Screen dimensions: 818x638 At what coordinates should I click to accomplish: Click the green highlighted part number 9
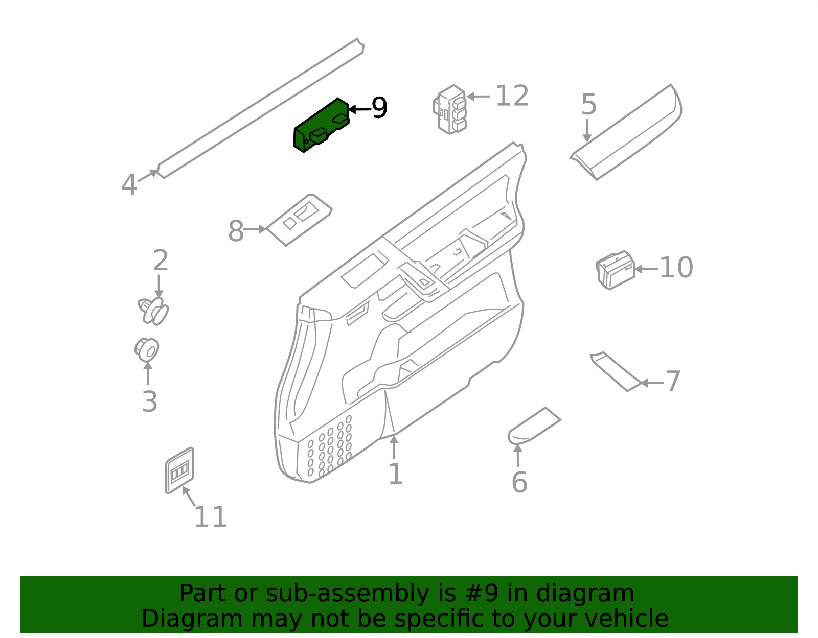pos(321,125)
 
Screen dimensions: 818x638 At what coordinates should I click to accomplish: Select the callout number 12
pos(512,96)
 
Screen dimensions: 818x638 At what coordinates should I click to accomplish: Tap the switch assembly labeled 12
pos(450,109)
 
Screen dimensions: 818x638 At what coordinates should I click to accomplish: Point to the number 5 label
pos(589,105)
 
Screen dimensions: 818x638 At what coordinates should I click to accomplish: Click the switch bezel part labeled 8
pos(300,219)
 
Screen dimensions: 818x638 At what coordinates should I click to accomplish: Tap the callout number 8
pos(236,231)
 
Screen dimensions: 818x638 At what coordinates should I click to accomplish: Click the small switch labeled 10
pos(616,270)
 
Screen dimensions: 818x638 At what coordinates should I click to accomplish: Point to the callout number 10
pos(676,268)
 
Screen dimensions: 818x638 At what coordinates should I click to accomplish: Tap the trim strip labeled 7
pos(615,371)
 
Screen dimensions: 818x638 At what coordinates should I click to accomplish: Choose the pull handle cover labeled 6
pos(534,425)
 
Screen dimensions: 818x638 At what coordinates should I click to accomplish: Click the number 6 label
pos(519,482)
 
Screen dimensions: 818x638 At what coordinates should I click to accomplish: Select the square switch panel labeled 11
pos(179,470)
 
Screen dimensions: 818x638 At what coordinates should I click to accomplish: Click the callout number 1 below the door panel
pos(396,474)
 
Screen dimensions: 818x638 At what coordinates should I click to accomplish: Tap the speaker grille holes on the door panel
pos(330,447)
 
